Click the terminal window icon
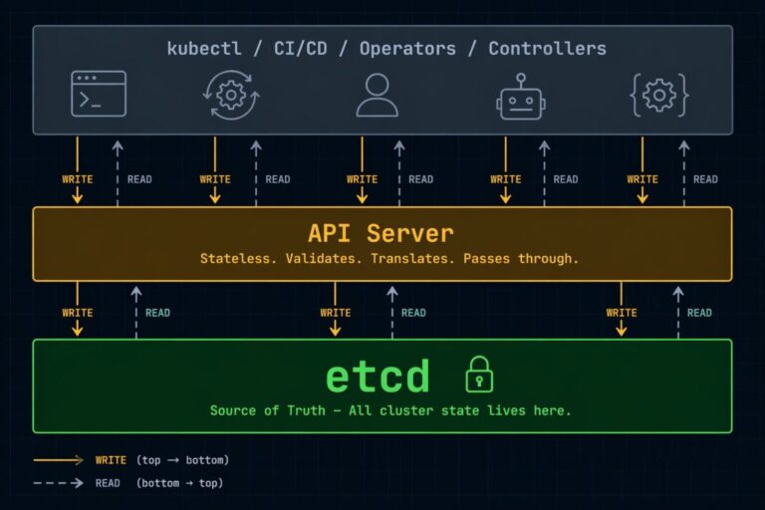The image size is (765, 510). (x=99, y=95)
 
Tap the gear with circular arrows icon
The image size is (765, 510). (x=231, y=95)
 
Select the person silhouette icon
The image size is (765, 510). (x=377, y=95)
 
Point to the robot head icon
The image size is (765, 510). (x=520, y=97)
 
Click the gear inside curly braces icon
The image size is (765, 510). (x=659, y=95)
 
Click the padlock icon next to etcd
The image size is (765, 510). (x=479, y=376)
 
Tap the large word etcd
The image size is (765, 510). (x=378, y=377)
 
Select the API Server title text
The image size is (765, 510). (x=381, y=233)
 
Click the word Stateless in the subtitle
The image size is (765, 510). (x=237, y=259)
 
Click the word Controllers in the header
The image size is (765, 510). (x=547, y=48)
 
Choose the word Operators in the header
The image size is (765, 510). (x=409, y=48)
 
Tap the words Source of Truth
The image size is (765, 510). (x=266, y=410)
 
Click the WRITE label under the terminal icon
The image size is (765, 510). (x=78, y=179)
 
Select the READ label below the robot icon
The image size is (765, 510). (x=566, y=179)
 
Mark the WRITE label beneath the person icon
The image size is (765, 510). (x=362, y=179)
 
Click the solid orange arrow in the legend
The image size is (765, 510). (x=59, y=460)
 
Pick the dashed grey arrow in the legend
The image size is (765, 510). (x=59, y=483)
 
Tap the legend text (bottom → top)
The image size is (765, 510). (x=180, y=483)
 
